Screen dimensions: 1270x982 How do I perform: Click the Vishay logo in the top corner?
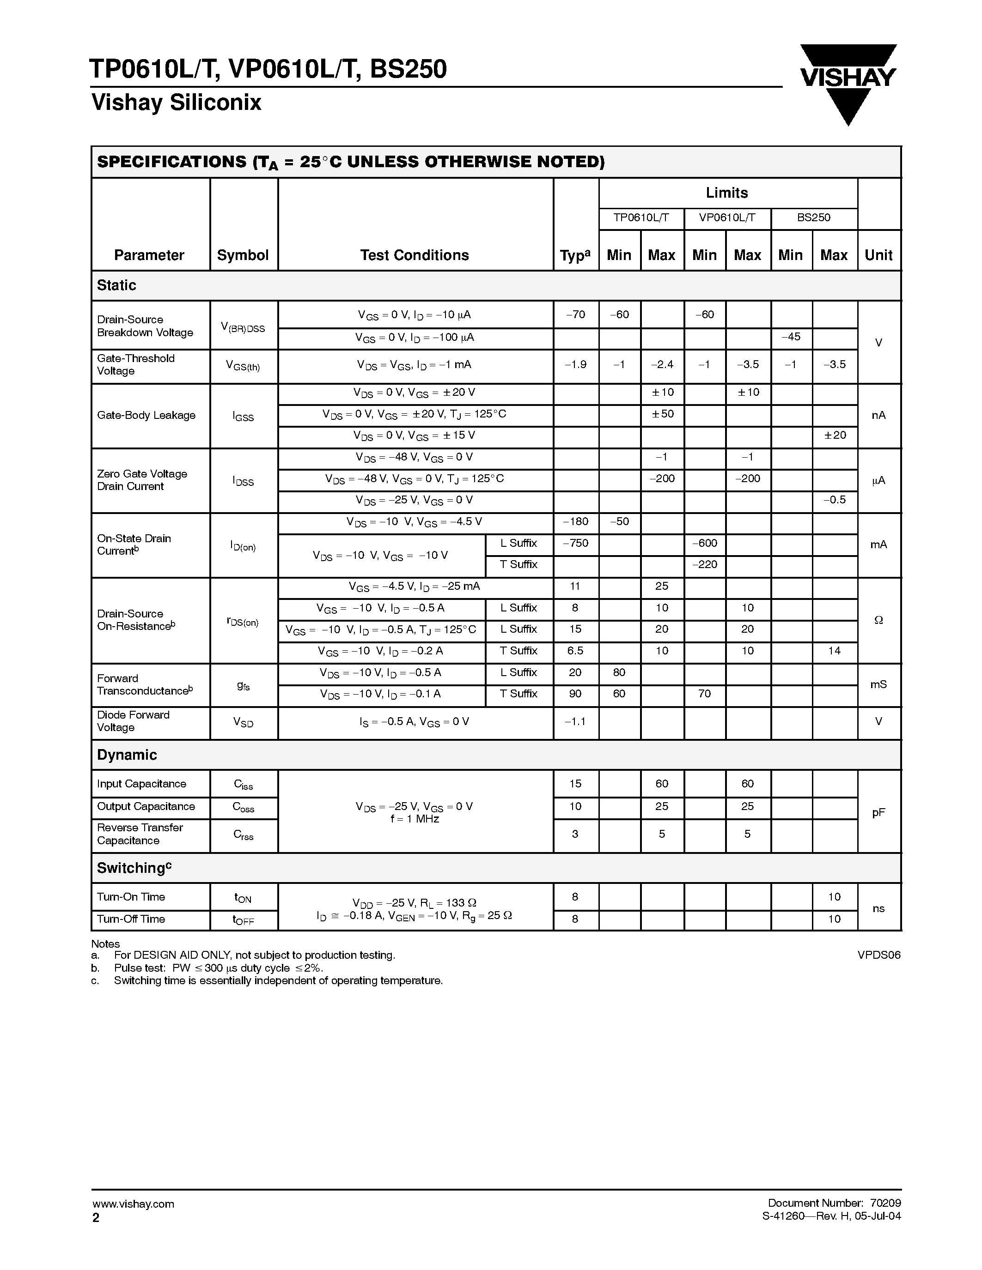848,81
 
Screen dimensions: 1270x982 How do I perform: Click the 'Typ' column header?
575,255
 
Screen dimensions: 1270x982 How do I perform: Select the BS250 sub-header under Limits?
813,218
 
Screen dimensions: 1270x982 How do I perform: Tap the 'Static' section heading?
116,285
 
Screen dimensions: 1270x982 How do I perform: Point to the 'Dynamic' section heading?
127,755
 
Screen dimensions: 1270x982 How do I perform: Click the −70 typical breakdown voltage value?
575,314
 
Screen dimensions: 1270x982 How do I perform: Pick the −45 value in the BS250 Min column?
791,337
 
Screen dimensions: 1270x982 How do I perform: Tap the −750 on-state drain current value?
575,543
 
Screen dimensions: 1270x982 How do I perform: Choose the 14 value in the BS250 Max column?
834,651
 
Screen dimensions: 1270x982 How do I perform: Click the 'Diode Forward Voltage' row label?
133,721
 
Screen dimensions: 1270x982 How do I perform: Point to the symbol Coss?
243,807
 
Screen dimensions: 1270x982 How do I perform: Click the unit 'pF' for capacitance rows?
878,812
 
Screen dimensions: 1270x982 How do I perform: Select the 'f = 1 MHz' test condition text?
414,819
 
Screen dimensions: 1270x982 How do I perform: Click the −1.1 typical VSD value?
575,722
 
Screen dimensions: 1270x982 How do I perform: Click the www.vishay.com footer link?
133,1203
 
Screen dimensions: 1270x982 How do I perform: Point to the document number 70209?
885,1203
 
